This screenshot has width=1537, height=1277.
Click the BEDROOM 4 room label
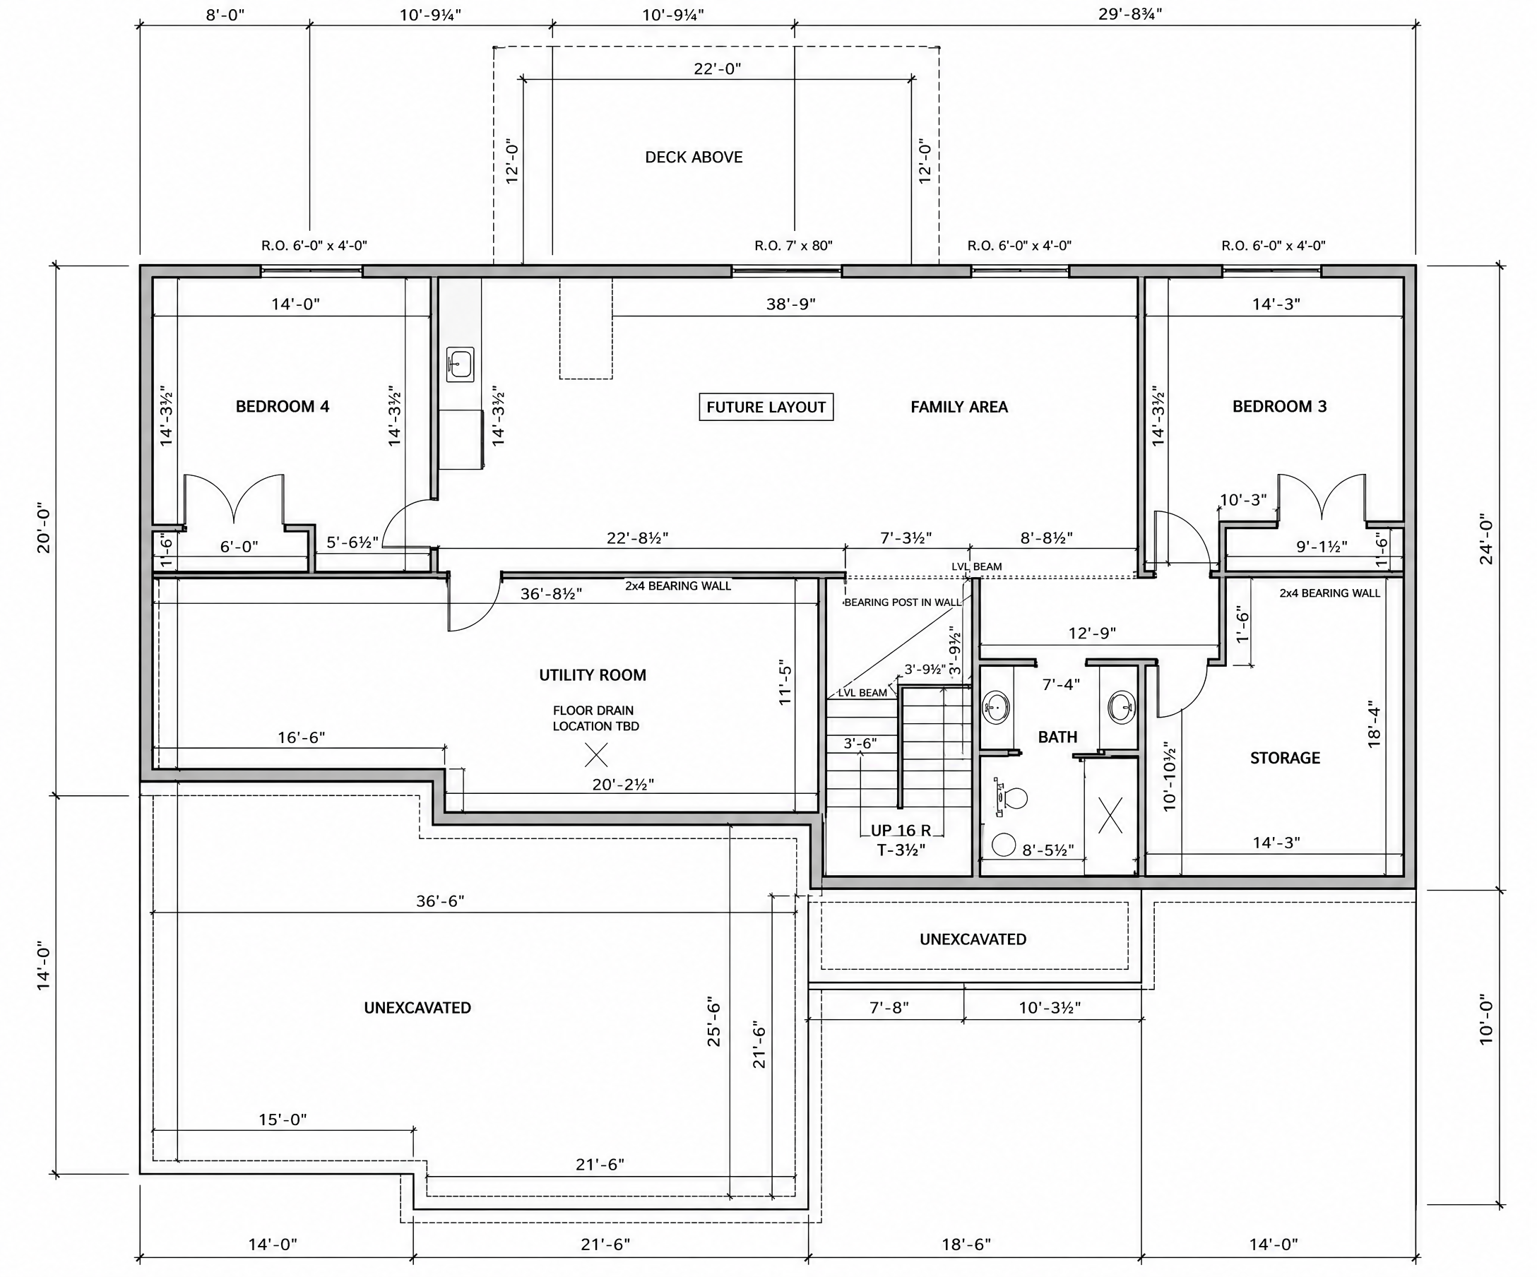pyautogui.click(x=282, y=406)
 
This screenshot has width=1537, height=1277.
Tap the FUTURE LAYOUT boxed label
pyautogui.click(x=766, y=407)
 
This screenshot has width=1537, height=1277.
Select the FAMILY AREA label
pyautogui.click(x=959, y=407)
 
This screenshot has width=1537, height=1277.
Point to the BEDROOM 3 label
pyautogui.click(x=1278, y=406)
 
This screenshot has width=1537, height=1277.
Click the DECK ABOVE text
pyautogui.click(x=693, y=157)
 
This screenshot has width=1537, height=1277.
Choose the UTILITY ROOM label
pyautogui.click(x=593, y=675)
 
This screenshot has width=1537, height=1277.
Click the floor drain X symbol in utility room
pyautogui.click(x=596, y=754)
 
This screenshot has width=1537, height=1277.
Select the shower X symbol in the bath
pyautogui.click(x=1110, y=814)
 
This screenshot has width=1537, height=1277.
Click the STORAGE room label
pyautogui.click(x=1285, y=758)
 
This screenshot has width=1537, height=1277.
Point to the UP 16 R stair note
pyautogui.click(x=901, y=831)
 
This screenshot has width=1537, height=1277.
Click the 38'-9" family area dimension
pyautogui.click(x=790, y=304)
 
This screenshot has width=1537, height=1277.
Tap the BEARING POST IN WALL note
pyautogui.click(x=903, y=602)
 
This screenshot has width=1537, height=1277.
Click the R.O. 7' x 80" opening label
pyautogui.click(x=793, y=246)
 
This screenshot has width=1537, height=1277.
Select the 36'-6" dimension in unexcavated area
pyautogui.click(x=440, y=901)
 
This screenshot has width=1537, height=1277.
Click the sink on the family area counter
pyautogui.click(x=461, y=364)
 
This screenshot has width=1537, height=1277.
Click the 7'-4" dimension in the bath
pyautogui.click(x=1060, y=684)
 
